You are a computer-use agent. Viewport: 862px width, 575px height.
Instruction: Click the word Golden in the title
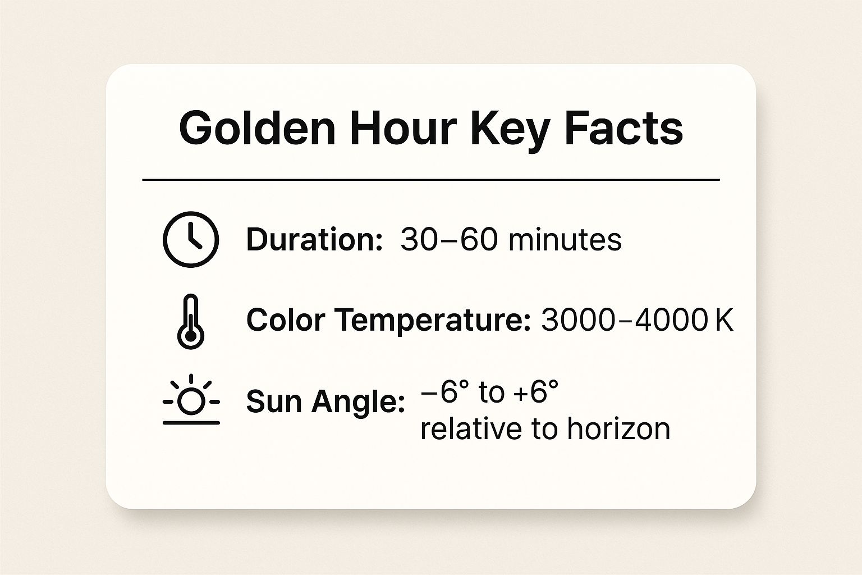click(257, 129)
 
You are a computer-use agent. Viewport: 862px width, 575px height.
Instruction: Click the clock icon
click(191, 239)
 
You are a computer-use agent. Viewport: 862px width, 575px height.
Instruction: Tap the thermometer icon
click(191, 321)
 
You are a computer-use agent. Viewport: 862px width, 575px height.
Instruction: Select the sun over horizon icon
click(191, 400)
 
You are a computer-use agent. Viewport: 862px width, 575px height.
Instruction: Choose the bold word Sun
click(275, 401)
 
